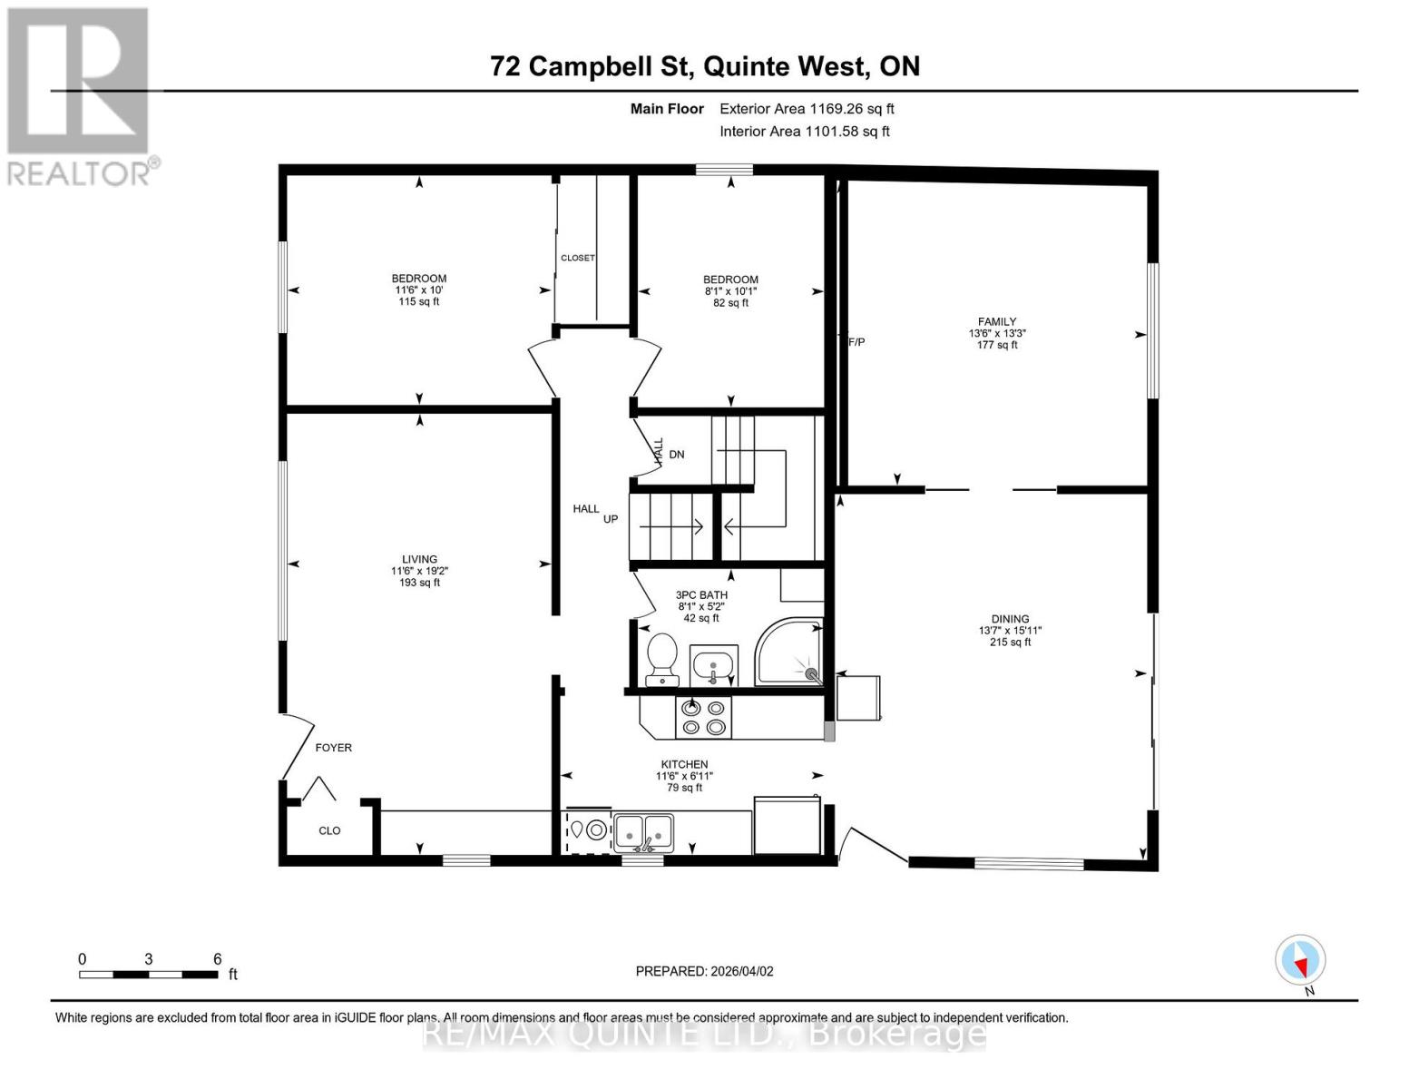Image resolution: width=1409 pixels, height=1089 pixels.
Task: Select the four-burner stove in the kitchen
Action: coord(704,717)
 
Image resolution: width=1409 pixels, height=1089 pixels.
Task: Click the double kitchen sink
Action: coord(644,830)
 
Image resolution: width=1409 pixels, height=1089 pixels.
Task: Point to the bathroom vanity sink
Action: coord(714,667)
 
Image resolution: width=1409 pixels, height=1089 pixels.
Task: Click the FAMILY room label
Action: coord(997,321)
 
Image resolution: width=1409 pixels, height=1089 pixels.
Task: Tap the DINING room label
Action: coord(1010,619)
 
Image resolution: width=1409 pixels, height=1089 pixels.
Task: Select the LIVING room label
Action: coord(419,559)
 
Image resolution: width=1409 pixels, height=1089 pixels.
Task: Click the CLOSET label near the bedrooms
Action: coord(578,258)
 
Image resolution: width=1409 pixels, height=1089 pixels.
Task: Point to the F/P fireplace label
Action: coord(856,342)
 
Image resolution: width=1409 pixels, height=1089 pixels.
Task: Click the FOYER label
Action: coord(333,748)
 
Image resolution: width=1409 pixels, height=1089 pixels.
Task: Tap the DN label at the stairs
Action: coord(677,454)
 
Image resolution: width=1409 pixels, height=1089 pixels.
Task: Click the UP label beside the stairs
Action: coord(611,519)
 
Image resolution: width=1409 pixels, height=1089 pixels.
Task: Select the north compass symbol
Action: coord(1301,960)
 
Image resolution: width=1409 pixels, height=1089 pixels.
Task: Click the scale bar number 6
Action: coord(218,959)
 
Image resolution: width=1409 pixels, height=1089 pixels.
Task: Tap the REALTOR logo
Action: coord(80,95)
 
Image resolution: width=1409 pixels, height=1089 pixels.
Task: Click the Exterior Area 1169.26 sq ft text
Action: coord(807,109)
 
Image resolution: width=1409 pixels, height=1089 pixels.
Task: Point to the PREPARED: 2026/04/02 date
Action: coord(704,971)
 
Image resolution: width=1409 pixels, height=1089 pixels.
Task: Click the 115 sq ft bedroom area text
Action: coord(419,301)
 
